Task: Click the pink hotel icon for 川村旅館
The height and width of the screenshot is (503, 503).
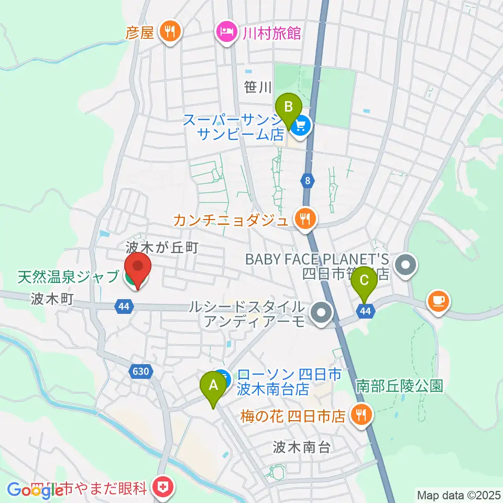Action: pyautogui.click(x=226, y=32)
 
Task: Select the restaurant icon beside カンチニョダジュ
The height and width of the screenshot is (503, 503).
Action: pyautogui.click(x=305, y=217)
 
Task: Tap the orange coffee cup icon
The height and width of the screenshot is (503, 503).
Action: pyautogui.click(x=438, y=300)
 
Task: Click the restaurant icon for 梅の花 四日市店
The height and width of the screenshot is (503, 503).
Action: pyautogui.click(x=360, y=415)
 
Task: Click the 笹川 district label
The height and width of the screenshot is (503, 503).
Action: pyautogui.click(x=257, y=88)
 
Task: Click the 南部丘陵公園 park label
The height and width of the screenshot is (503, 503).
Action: pyautogui.click(x=400, y=387)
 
